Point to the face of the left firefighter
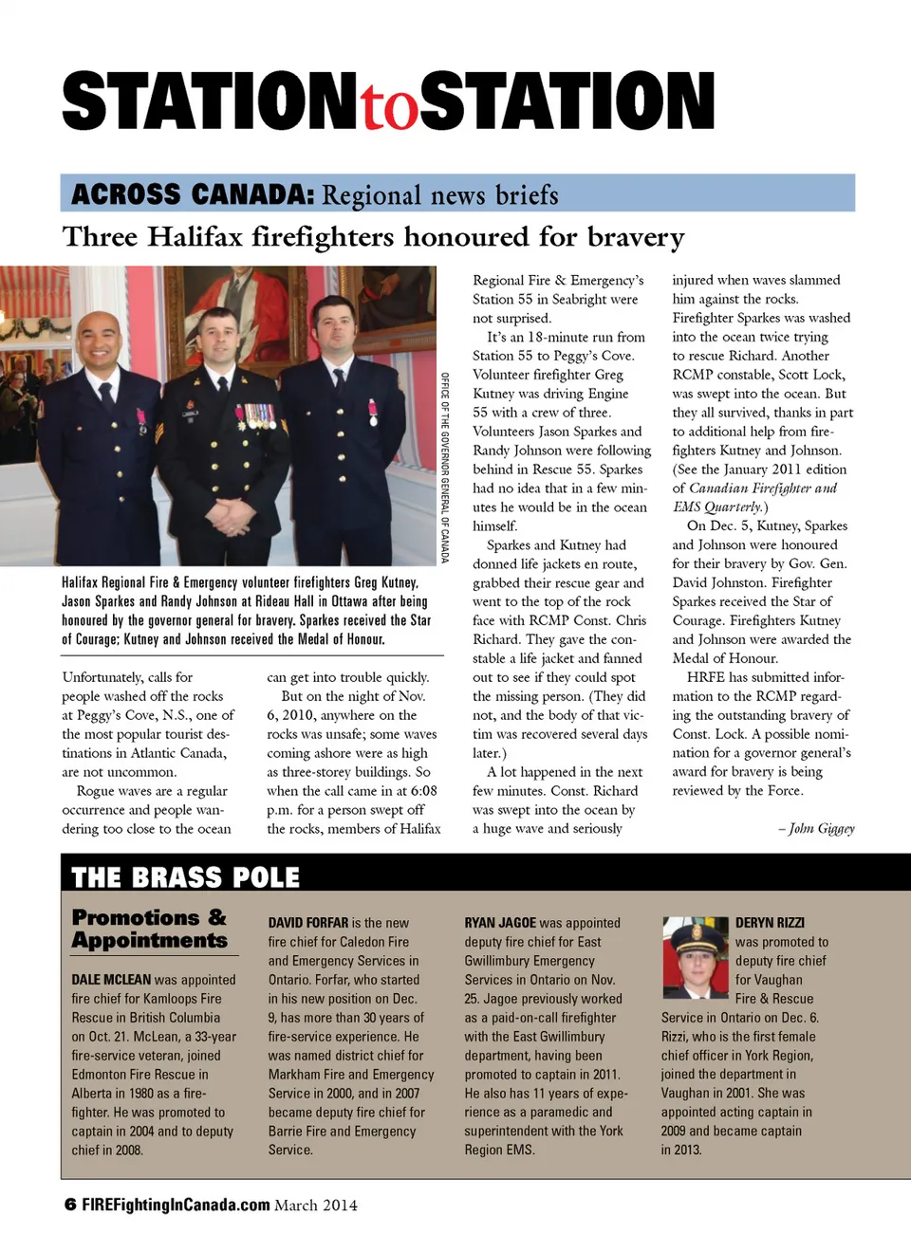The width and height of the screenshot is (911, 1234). [102, 341]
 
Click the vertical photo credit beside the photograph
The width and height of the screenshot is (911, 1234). [444, 468]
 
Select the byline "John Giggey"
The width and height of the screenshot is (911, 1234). [821, 828]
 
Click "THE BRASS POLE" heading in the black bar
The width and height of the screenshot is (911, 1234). [186, 877]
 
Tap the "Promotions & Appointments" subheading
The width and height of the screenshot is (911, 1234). [150, 929]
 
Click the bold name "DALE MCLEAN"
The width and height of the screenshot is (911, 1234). [111, 980]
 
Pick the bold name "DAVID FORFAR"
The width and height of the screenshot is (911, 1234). [307, 923]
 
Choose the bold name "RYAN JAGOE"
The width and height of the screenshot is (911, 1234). [500, 923]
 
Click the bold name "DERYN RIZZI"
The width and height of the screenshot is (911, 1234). [770, 923]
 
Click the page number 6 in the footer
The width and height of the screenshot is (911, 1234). [70, 1205]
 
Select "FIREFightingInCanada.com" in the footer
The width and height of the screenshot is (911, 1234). [176, 1205]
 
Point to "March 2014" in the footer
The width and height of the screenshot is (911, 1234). [316, 1206]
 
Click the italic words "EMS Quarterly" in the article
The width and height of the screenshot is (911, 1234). [717, 506]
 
